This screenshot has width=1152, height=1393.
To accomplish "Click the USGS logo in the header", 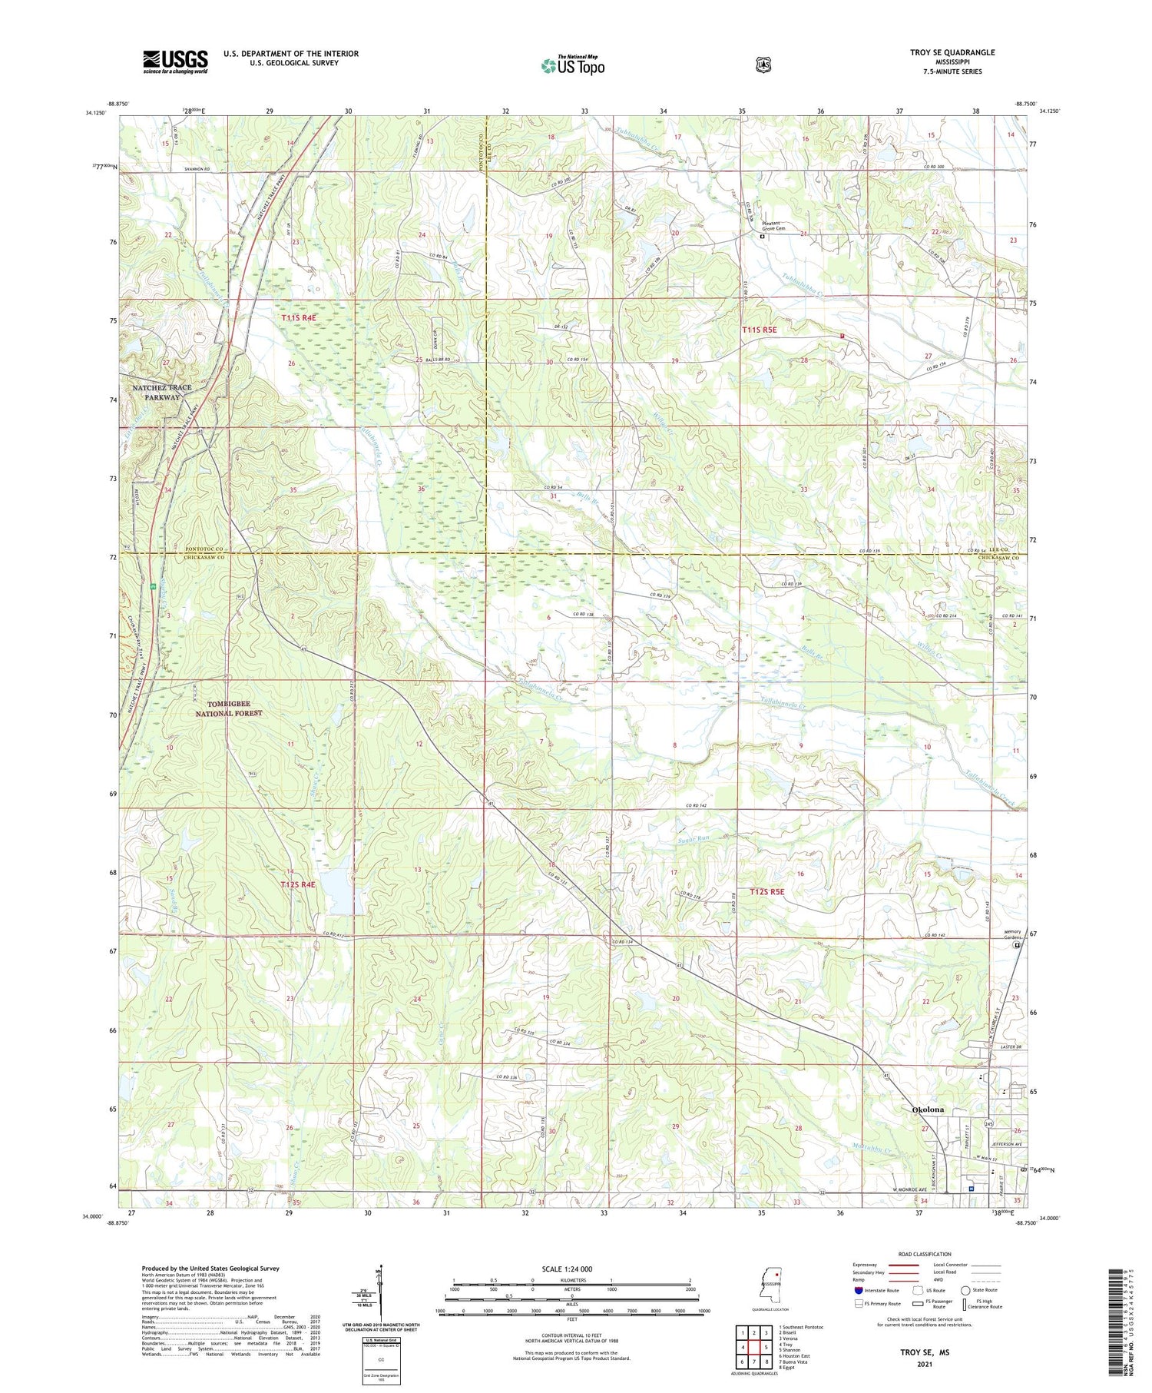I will [x=175, y=61].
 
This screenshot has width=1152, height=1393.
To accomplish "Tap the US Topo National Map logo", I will [x=572, y=65].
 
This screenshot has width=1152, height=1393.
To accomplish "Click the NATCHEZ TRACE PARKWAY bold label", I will [x=161, y=393].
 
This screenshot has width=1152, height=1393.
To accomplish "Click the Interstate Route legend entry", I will [x=876, y=1290].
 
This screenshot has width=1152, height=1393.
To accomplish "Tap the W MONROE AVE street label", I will [x=914, y=1190].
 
